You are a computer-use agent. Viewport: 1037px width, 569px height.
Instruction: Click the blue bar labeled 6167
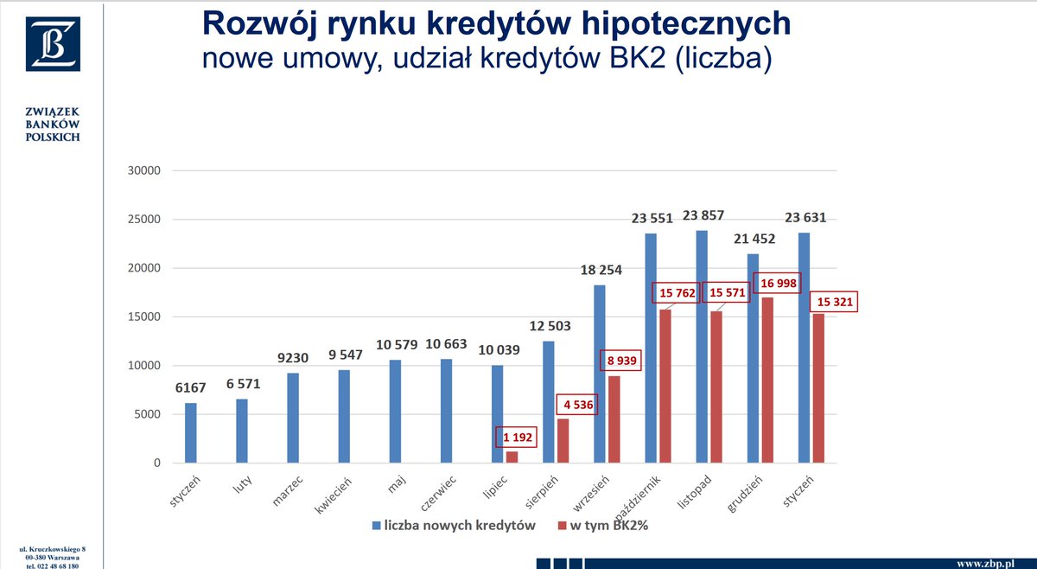tap(190, 433)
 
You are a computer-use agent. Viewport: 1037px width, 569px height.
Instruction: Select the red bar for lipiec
tap(512, 457)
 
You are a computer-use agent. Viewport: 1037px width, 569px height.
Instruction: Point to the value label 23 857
tap(703, 216)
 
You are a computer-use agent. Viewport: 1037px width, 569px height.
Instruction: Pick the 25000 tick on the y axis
tap(143, 220)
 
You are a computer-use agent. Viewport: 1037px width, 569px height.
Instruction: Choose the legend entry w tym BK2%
tap(605, 526)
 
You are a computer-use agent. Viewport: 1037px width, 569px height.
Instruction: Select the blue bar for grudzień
tap(753, 358)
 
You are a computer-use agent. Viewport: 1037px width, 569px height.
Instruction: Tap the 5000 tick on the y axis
tap(147, 415)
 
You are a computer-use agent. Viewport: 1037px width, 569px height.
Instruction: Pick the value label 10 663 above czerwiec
tap(447, 344)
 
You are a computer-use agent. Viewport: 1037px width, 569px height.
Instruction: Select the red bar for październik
tap(665, 386)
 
